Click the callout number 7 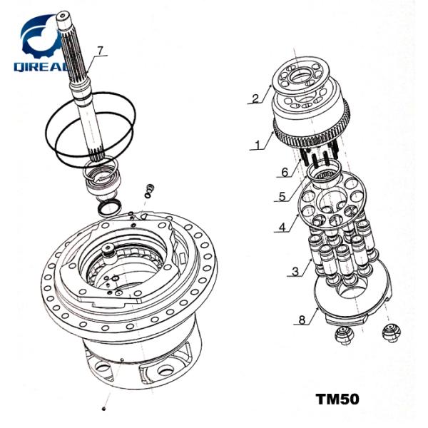click(x=101, y=50)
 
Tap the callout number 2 click(x=255, y=98)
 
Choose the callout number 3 click(x=294, y=272)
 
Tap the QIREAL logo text click(x=41, y=66)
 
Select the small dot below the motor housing click(x=105, y=409)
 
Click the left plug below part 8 click(x=345, y=335)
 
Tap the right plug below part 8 click(x=389, y=330)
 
